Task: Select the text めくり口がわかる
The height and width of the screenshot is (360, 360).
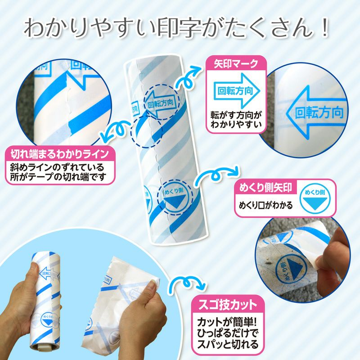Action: (265, 206)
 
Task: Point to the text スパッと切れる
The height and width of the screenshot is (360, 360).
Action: (228, 345)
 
